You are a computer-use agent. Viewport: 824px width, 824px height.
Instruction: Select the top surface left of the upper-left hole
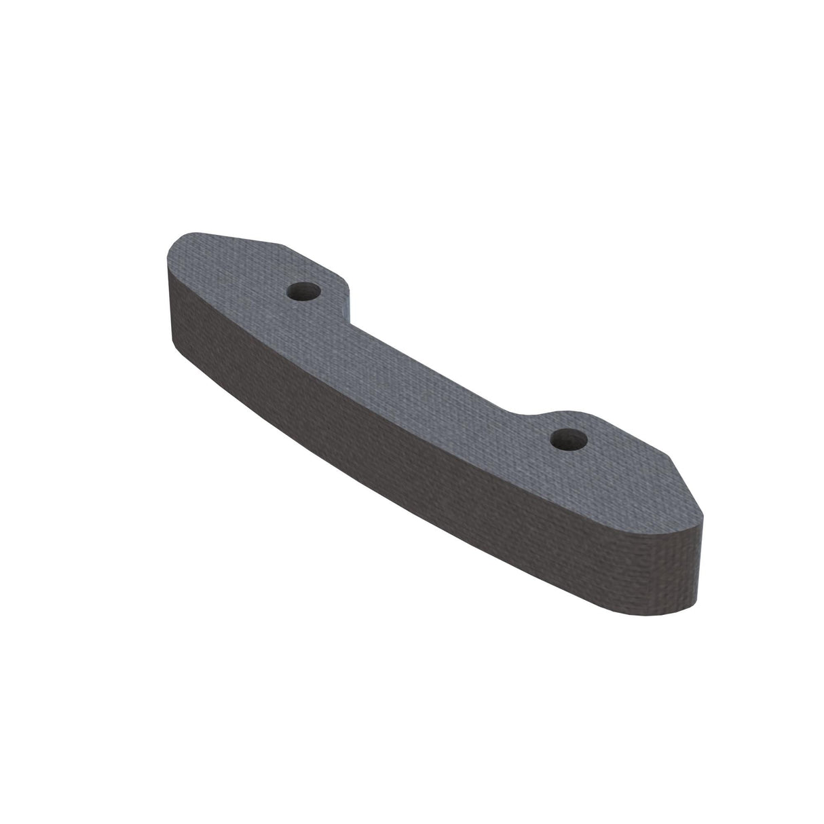(x=231, y=271)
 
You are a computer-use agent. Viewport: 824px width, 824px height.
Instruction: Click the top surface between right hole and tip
(x=631, y=475)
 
